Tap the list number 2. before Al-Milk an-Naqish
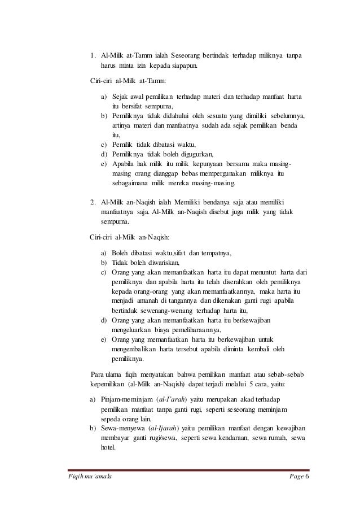click(x=93, y=202)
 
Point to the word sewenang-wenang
click(x=168, y=310)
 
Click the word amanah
click(x=148, y=300)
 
